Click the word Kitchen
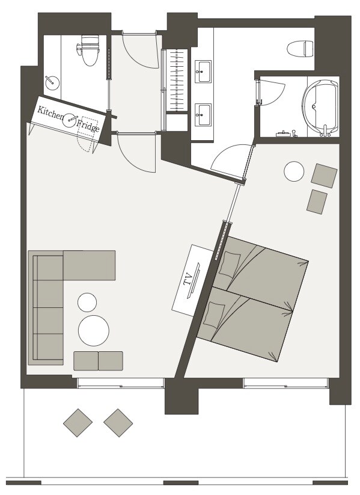(x=50, y=113)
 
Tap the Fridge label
(x=88, y=125)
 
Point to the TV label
(x=188, y=280)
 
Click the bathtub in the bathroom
(x=320, y=106)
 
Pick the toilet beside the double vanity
(x=300, y=49)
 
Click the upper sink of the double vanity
(x=204, y=72)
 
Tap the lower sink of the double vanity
(x=204, y=114)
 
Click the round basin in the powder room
(x=52, y=83)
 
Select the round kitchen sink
(x=70, y=120)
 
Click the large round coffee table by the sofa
(x=94, y=331)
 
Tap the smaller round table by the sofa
(x=87, y=303)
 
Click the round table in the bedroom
(x=294, y=171)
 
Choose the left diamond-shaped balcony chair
(x=78, y=423)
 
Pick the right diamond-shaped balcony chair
(x=118, y=423)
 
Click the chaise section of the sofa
(x=90, y=265)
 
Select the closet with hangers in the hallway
(x=177, y=80)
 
